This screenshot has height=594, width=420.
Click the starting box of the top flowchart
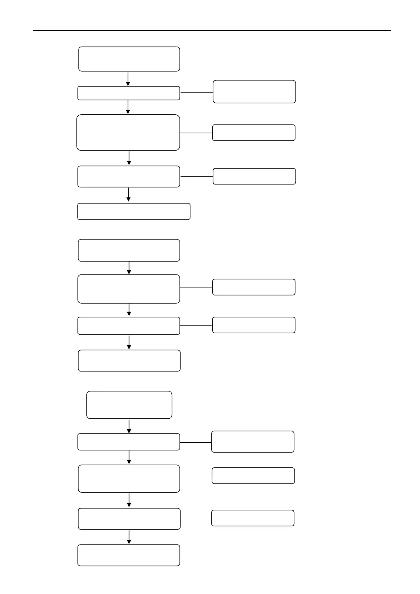click(129, 59)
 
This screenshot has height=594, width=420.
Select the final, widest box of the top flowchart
click(134, 211)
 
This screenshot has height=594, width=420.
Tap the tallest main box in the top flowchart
click(128, 133)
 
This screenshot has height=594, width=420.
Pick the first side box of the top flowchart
click(254, 92)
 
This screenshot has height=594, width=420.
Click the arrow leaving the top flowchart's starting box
click(128, 79)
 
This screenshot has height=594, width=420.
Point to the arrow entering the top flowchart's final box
click(128, 194)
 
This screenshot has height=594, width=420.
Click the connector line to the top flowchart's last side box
click(196, 176)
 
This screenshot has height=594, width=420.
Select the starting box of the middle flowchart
click(129, 250)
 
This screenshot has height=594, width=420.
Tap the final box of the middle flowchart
click(129, 360)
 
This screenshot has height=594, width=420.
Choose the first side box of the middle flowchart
click(254, 287)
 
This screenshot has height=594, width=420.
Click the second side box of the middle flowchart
click(254, 325)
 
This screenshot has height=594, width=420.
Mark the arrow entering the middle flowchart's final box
click(129, 342)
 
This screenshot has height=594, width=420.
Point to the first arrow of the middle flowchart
click(129, 268)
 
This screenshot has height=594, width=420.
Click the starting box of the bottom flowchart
click(129, 405)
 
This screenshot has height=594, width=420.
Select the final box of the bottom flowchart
click(129, 555)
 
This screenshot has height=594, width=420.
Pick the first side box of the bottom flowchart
click(252, 442)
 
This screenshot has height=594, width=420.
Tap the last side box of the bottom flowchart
click(252, 518)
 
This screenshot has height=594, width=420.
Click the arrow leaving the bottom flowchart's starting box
click(129, 426)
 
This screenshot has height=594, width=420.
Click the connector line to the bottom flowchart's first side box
click(195, 442)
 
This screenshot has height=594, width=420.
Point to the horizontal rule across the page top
click(212, 30)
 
